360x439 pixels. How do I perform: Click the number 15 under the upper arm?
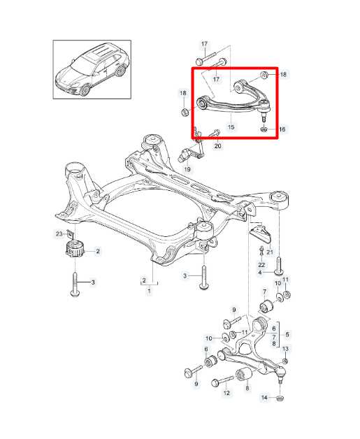pos(230,127)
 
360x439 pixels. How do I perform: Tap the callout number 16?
pos(282,129)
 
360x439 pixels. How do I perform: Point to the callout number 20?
pos(217,146)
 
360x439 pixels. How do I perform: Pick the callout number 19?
pos(187,169)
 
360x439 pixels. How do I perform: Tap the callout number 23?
pos(59,233)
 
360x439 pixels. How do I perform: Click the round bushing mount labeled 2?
pos(73,251)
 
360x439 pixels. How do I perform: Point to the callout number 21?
pos(270,252)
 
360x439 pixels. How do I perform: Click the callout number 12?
pos(226,394)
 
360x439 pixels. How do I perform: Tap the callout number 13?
pos(285,349)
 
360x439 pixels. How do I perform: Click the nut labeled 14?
pos(278,398)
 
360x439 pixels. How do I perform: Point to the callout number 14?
pos(264,398)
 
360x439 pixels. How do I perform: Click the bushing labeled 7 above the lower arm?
pos(265,307)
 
